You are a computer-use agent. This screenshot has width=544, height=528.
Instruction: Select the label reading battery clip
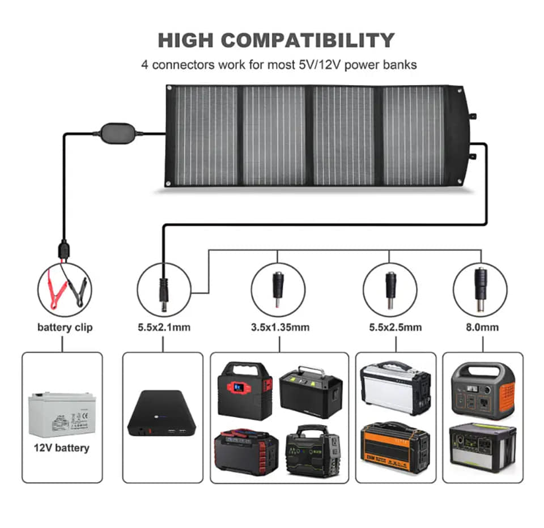[65, 327]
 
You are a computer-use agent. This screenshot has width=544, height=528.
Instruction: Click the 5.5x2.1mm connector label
[163, 327]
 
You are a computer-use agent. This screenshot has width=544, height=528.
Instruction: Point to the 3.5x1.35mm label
[280, 327]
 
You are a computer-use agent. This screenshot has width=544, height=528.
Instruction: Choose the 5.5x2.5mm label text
[391, 327]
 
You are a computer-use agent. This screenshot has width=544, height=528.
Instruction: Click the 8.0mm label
[482, 327]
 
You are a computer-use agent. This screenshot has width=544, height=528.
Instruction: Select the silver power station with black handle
[396, 388]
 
